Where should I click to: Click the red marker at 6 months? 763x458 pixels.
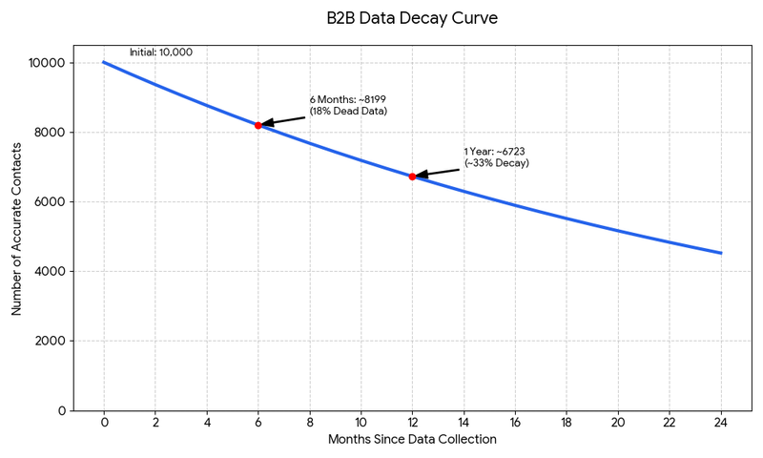258,125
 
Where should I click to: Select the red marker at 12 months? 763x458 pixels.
412,177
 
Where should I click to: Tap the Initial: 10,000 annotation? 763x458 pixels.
160,52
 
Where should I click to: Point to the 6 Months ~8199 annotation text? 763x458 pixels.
348,105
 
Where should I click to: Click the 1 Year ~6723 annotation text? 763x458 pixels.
497,157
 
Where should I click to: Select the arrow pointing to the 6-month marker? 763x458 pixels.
284,119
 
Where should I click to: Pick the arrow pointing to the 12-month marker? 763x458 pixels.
437,172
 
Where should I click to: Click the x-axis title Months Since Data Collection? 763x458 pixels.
412,440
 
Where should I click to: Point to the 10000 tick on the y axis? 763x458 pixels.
47,63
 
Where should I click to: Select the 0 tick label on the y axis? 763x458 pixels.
61,411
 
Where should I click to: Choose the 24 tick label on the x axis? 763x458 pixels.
721,423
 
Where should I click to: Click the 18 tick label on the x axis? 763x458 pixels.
567,423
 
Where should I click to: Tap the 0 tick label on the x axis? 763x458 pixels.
104,423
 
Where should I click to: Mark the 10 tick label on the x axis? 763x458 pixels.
361,423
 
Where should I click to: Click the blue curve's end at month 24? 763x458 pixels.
721,253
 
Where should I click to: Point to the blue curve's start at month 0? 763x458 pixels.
104,63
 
